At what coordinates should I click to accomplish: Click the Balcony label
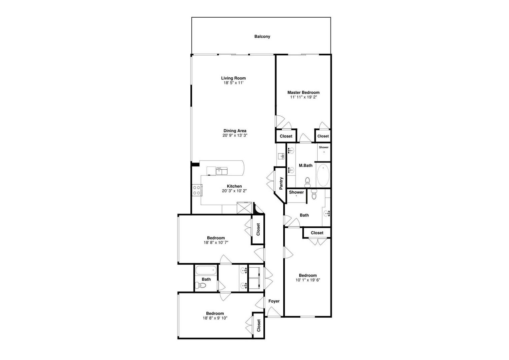262,36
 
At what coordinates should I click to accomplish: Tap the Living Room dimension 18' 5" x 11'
233,83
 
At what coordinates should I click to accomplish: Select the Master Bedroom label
303,93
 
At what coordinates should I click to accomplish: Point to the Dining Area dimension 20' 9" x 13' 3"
235,135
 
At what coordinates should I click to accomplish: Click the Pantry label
281,183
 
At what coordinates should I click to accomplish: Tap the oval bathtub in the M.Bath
323,175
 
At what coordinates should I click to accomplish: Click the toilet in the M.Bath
307,183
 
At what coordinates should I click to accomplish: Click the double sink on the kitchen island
222,171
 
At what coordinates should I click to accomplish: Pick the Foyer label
274,301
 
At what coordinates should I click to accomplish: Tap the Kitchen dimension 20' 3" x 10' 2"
234,191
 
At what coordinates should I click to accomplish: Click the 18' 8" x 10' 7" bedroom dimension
216,243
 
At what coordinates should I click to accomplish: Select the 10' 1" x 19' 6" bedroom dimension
308,280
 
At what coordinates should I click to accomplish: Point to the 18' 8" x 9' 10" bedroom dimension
215,318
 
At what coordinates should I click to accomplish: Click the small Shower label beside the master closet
324,147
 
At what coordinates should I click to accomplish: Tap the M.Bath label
305,165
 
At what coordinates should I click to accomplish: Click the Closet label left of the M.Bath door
286,136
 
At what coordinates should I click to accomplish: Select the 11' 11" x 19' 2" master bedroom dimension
303,97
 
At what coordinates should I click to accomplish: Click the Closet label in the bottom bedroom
259,325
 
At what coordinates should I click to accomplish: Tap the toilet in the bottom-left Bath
200,285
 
